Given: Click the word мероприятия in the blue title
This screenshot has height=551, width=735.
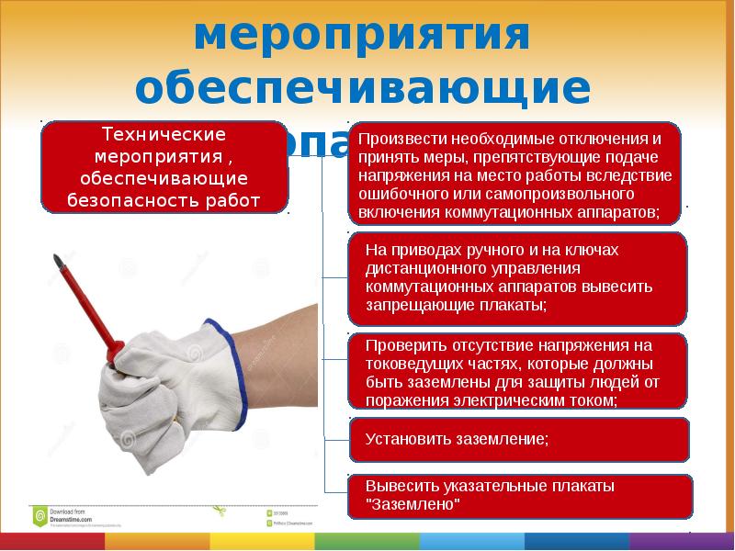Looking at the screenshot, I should click(x=363, y=37).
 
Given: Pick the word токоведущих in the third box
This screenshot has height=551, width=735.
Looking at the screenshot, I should click(x=408, y=365).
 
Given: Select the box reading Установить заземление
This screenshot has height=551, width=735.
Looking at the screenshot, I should click(x=518, y=439).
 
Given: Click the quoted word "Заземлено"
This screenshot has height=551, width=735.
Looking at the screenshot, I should click(x=413, y=504).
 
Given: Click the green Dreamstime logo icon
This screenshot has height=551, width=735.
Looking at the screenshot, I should click(x=40, y=515).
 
